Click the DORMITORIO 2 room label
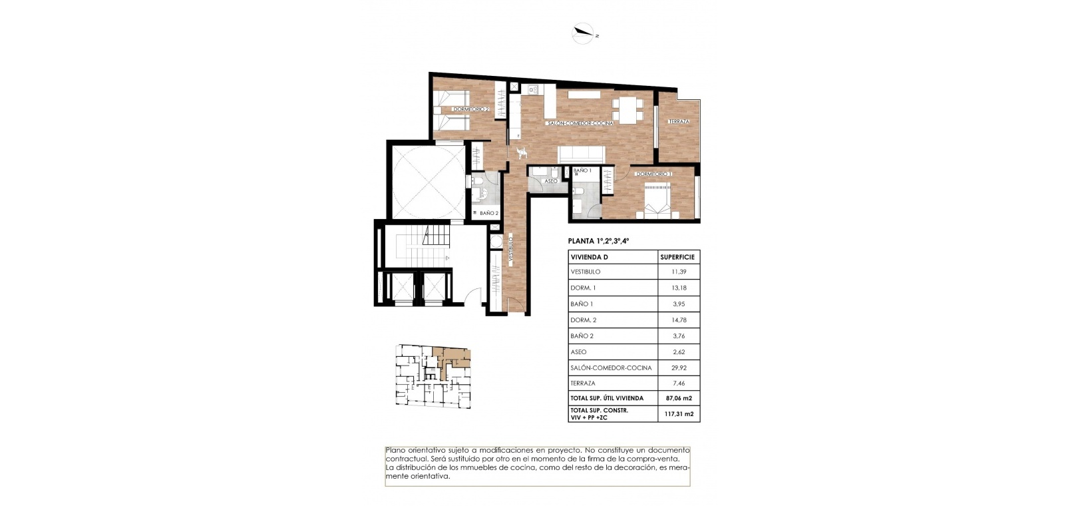[470, 109]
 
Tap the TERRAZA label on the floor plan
[679, 121]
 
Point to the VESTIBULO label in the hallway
[510, 248]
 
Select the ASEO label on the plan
[550, 181]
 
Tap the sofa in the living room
[582, 154]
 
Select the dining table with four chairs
[628, 111]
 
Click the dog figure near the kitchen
[522, 152]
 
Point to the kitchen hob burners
[533, 90]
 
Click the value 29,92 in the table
[679, 368]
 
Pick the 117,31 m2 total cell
[679, 413]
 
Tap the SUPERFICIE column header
[677, 257]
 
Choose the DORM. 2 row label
[584, 320]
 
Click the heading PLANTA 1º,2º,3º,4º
[599, 241]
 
